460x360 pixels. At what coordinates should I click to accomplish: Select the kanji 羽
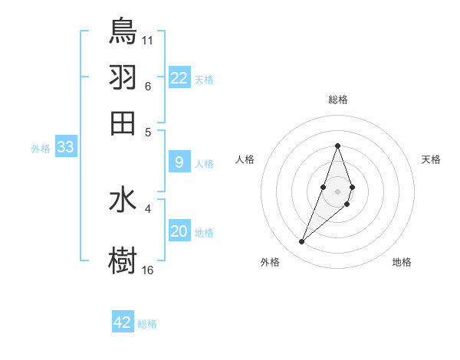pos(123,77)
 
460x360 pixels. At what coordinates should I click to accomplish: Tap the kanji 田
pos(123,123)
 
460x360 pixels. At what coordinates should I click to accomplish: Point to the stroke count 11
pos(148,38)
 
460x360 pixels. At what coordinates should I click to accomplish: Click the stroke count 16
pos(148,269)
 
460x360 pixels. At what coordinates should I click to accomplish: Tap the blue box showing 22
pos(179,77)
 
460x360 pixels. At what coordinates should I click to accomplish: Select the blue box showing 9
pos(179,162)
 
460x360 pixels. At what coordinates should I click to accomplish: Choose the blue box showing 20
pos(179,231)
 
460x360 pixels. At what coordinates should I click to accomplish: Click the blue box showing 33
pos(65,147)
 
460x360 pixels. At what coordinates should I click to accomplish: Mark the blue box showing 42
pos(123,322)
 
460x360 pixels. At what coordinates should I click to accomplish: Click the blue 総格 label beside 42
pos(147,324)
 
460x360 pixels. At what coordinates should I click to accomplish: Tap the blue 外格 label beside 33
pos(41,149)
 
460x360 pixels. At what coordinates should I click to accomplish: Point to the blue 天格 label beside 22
pos(204,80)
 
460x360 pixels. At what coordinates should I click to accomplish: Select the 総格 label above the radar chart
pos(338,100)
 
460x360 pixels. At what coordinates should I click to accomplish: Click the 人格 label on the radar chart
pos(245,159)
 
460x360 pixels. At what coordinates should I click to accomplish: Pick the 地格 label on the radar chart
pos(402,262)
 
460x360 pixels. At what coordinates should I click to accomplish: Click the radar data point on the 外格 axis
pos(302,242)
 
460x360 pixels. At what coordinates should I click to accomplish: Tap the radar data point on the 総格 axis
pos(338,146)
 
